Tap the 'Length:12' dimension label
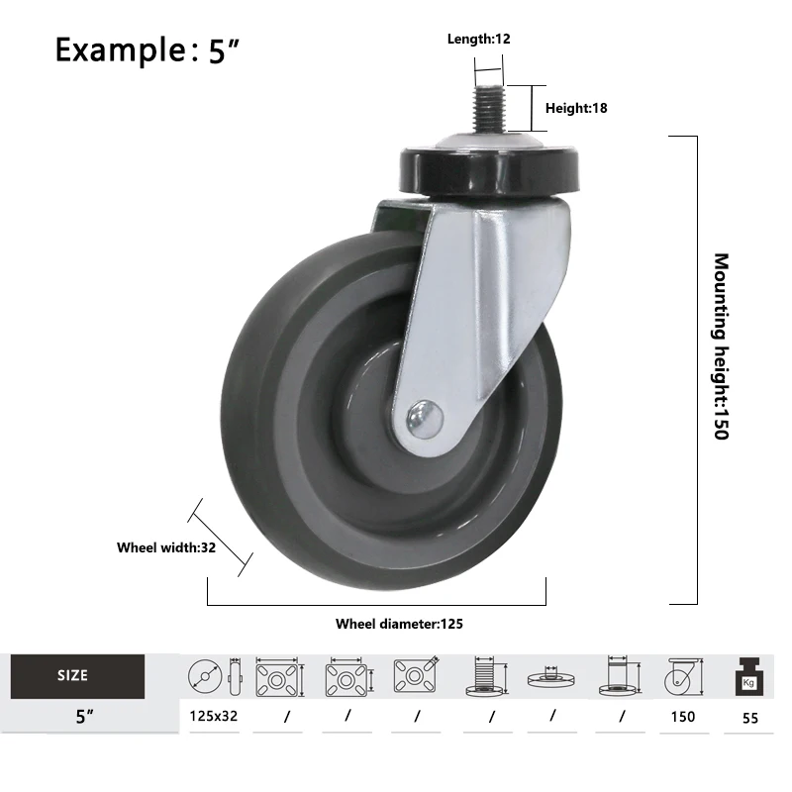478,40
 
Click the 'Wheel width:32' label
165,546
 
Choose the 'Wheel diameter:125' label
399,624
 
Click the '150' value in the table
682,717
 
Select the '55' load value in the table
749,719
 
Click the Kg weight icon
748,678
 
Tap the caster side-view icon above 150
683,677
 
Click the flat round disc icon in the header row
551,679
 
